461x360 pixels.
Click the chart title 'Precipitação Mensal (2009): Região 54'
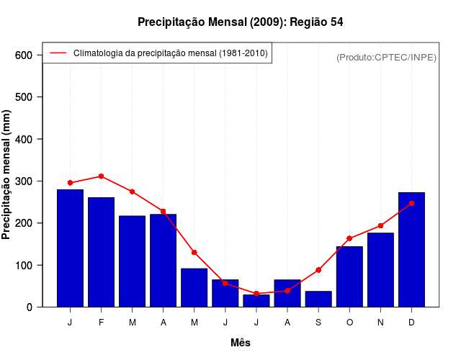tap(241, 22)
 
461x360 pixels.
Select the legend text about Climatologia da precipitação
tap(171, 53)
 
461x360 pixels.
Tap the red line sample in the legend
tap(58, 53)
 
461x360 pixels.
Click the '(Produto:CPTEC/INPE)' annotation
tap(386, 57)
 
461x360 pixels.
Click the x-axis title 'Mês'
tap(241, 343)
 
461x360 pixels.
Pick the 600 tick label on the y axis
tap(24, 55)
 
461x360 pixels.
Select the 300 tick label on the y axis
tap(24, 181)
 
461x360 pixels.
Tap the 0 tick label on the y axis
tap(30, 307)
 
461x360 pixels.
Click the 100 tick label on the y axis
tap(24, 266)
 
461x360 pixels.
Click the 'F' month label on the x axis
tap(102, 323)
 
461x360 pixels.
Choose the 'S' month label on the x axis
tap(318, 323)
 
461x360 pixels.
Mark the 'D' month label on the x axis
tap(411, 323)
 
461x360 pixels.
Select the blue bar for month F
tap(102, 252)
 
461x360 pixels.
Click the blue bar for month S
tap(318, 299)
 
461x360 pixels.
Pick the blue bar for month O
tap(349, 277)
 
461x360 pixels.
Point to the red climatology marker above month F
tap(102, 176)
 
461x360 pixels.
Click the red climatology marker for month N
tap(380, 225)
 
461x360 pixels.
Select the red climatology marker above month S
tap(318, 270)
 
